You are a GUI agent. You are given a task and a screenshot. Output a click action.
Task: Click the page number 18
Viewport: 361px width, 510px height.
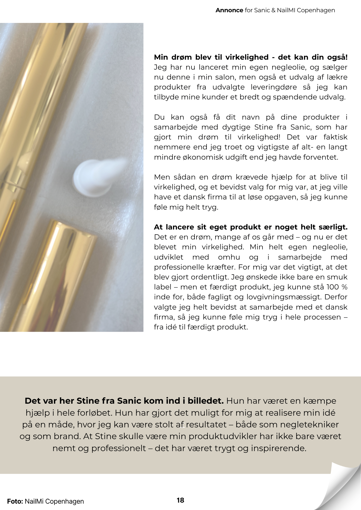point(180,500)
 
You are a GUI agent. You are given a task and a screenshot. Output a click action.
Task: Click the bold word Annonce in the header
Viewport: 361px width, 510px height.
point(229,10)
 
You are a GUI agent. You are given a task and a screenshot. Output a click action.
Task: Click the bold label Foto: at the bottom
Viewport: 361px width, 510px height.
point(15,501)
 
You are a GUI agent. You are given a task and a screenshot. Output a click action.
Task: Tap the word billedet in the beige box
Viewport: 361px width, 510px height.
point(206,401)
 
